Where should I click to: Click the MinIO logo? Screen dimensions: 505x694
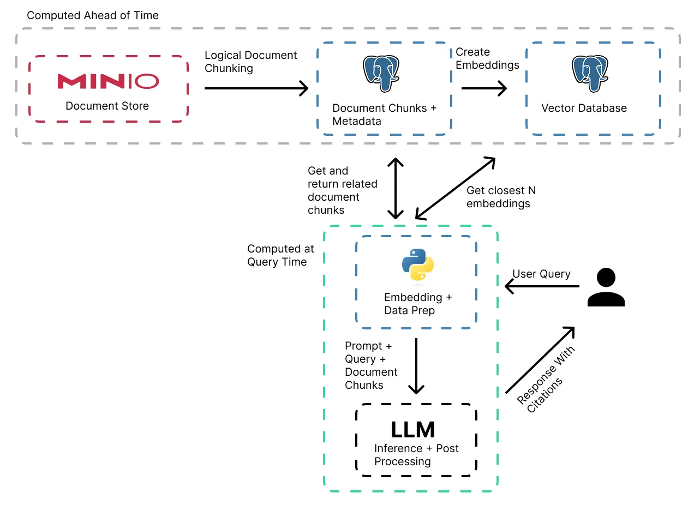[x=108, y=81]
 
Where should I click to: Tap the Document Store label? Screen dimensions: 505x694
[x=107, y=106]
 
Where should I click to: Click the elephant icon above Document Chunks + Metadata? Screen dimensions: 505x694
[x=380, y=73]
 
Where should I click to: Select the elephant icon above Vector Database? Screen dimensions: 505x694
[x=590, y=73]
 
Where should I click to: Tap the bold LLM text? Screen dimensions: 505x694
[x=413, y=430]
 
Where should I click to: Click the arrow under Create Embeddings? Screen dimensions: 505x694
[x=484, y=88]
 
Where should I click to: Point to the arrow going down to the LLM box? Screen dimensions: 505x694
[x=417, y=365]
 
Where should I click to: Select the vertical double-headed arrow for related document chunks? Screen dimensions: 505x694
[x=395, y=188]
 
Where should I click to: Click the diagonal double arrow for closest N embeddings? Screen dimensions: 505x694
[x=455, y=188]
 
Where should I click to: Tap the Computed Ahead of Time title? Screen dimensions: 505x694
[x=93, y=15]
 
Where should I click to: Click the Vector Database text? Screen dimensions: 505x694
[x=584, y=108]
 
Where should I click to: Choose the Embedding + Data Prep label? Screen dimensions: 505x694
[x=418, y=304]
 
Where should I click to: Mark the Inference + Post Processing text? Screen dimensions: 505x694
[x=416, y=455]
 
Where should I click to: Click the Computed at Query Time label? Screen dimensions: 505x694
[x=280, y=255]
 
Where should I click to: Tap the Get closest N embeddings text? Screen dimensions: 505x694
[x=501, y=197]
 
